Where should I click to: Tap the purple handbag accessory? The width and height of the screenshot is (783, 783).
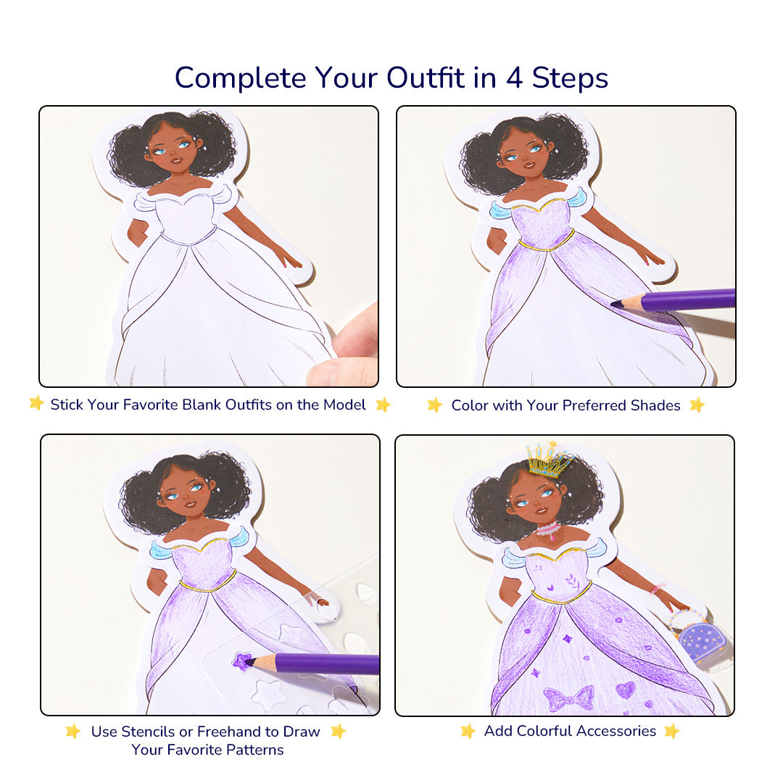point(701,642)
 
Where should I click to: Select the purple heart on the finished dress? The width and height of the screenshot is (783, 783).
point(625,689)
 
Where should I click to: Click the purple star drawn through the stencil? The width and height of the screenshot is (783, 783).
point(241,660)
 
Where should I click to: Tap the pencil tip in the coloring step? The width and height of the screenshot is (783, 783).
point(617,304)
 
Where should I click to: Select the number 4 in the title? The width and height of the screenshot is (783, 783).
point(514,78)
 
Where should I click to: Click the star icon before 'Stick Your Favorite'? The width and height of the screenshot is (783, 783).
point(36,404)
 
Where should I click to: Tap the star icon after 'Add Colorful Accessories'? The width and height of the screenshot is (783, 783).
point(671,731)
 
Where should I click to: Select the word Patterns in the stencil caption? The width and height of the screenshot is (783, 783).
point(253,750)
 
